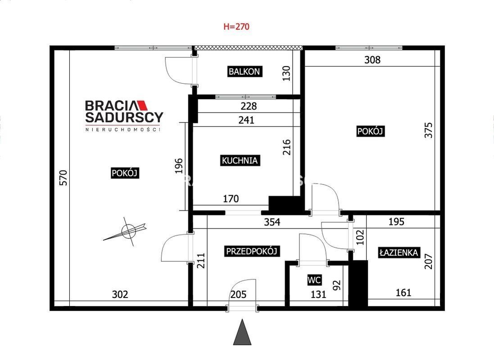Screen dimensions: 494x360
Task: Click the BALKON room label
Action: click(x=245, y=72)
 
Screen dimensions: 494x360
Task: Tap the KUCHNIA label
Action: click(x=240, y=160)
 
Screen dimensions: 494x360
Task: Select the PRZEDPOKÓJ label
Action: click(x=252, y=251)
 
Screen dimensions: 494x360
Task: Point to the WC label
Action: click(x=314, y=280)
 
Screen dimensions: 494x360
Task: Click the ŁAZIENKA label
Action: click(x=399, y=252)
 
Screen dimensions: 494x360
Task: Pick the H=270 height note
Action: click(x=236, y=27)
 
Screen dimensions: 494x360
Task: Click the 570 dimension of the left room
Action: click(x=63, y=178)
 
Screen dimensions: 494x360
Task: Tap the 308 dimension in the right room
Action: click(x=372, y=59)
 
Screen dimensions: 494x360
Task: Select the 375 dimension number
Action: click(x=428, y=130)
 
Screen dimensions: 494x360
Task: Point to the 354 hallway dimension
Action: click(x=272, y=222)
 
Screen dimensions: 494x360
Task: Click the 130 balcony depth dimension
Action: click(x=286, y=73)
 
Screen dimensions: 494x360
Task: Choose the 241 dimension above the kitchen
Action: click(x=246, y=120)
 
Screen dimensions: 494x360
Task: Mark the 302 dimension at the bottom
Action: click(x=120, y=294)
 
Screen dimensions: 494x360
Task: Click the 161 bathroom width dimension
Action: click(x=403, y=292)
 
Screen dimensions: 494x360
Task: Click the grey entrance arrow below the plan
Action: click(x=242, y=332)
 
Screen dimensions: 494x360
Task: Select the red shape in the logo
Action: click(x=142, y=105)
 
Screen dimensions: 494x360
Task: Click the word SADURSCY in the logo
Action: click(x=124, y=117)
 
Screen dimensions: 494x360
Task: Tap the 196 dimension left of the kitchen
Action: click(x=179, y=166)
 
